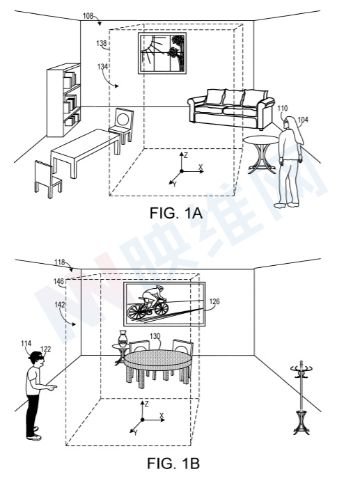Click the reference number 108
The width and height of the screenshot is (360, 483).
pos(88,16)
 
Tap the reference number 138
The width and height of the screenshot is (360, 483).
pos(102,43)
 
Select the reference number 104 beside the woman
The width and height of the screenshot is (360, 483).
pos(303,120)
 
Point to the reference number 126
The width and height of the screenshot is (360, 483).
pos(214,301)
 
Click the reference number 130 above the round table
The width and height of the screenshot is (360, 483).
pos(155,336)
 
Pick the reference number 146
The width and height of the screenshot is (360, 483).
pos(58,282)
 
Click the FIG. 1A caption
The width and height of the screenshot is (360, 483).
pos(176,213)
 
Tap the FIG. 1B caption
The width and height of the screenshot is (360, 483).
pos(173,463)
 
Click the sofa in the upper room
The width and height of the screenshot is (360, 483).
pos(230,108)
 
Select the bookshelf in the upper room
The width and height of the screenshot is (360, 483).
pos(64,100)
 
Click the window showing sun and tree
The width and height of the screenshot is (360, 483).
pos(162,53)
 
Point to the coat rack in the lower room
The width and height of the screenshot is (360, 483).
pos(302,397)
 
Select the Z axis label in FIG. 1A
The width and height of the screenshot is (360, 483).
pos(185,155)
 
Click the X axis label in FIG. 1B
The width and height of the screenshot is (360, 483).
pos(162,415)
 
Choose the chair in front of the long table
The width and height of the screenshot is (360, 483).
pos(48,179)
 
